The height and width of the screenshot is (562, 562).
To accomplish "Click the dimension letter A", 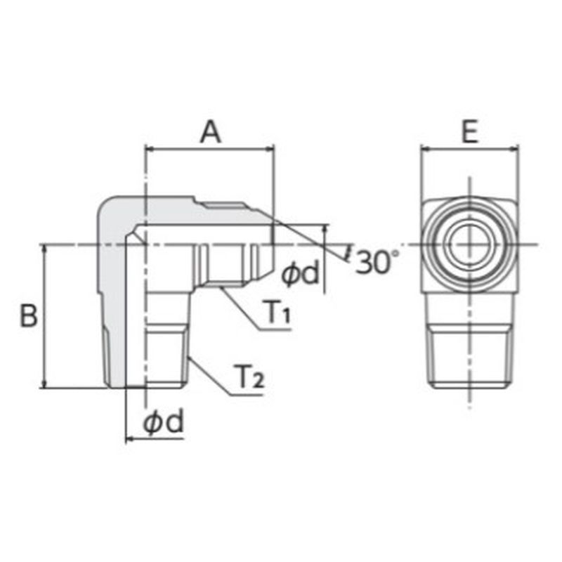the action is (x=211, y=132).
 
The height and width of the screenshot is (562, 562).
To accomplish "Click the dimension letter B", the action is (x=28, y=315).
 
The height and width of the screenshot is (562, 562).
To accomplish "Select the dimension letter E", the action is (x=470, y=132).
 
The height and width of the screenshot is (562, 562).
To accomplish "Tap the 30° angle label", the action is (x=377, y=262).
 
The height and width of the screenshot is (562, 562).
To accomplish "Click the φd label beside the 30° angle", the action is (x=300, y=273).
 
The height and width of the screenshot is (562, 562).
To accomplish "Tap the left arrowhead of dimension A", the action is (x=149, y=148).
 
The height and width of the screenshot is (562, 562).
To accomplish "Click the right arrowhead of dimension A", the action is (x=269, y=148).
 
